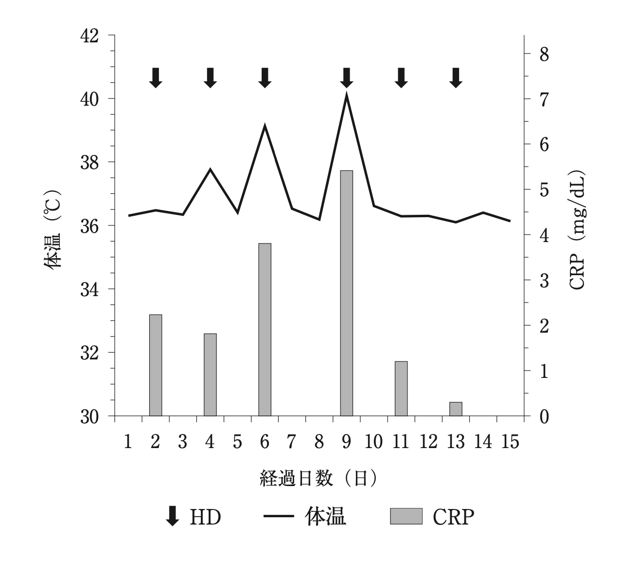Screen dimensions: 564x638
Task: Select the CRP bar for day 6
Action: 265,329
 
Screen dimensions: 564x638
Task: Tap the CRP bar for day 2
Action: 156,365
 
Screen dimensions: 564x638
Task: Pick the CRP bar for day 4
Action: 210,375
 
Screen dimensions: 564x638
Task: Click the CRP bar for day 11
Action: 401,389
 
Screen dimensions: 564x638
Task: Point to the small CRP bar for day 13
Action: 456,409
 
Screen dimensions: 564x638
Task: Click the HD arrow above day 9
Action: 346,77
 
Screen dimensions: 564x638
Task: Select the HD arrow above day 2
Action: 156,77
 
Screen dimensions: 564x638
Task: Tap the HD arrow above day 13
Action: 456,77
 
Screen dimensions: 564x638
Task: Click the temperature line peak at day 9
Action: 346,94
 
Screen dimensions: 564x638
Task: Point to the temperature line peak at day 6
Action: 265,126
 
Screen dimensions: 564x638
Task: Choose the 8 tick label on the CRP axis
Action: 544,54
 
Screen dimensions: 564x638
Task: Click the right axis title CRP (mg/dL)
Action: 577,230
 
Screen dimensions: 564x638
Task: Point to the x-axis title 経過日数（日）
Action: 319,479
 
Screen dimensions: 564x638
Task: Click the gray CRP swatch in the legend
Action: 406,516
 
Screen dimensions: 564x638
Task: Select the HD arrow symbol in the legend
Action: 172,516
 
